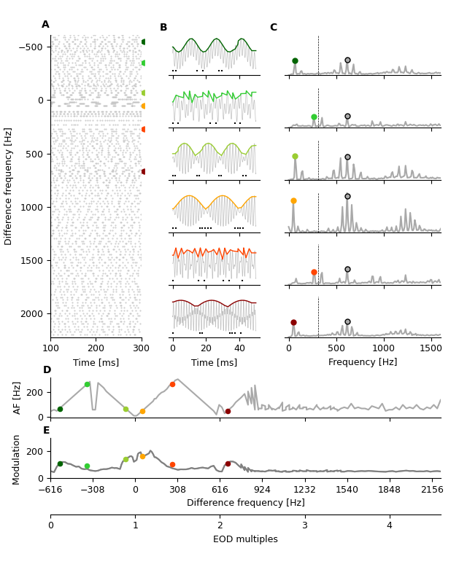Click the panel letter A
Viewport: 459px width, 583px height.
[x=45, y=25]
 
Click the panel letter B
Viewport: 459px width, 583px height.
[x=163, y=28]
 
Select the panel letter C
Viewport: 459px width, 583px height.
[x=273, y=28]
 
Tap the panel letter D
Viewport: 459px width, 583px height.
[x=47, y=370]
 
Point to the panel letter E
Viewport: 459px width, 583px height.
[x=47, y=431]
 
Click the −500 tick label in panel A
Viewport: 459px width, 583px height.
[x=31, y=47]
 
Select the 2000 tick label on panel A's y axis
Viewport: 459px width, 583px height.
[x=34, y=314]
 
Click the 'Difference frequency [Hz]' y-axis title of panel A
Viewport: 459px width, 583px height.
[x=9, y=186]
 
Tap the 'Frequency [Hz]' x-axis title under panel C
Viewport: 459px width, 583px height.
[x=363, y=362]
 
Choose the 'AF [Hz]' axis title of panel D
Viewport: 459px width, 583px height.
[x=18, y=397]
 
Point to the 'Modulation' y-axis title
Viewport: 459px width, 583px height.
[x=18, y=459]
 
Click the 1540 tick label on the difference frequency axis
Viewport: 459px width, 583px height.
[x=347, y=489]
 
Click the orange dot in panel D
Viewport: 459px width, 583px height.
[x=142, y=411]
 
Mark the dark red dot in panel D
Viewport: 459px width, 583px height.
[x=228, y=411]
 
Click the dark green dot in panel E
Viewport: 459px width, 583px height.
[x=60, y=463]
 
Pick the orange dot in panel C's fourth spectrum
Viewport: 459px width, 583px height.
[x=293, y=200]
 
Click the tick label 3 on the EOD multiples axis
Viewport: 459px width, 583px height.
[x=304, y=525]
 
